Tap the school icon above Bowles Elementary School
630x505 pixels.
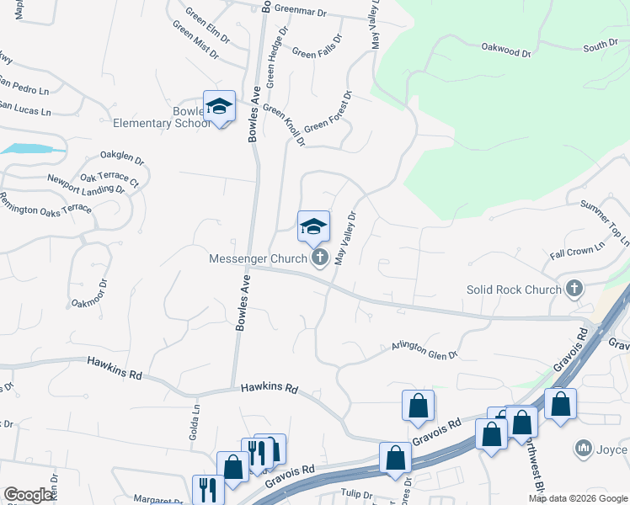219,106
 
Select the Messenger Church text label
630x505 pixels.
258,258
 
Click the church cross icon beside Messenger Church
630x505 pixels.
319,258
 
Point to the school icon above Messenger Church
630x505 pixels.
313,226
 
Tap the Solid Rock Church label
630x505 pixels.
514,290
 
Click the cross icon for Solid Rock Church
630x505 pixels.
574,290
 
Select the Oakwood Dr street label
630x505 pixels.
506,51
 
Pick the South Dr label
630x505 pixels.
601,45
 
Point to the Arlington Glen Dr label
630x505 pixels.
424,350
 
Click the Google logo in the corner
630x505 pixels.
29,495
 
